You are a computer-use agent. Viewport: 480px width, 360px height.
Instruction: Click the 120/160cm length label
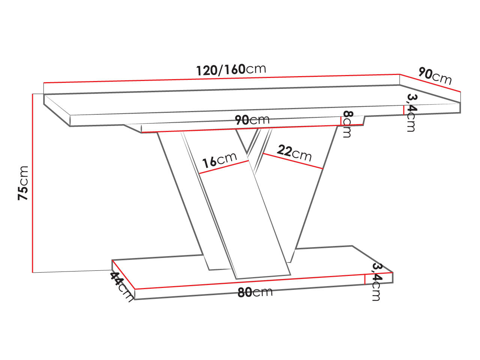pos(231,69)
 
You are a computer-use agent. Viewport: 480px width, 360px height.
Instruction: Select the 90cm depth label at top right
pos(435,76)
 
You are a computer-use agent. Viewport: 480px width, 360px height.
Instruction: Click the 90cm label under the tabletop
pos(252,120)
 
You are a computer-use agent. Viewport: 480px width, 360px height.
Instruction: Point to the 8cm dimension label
pos(347,124)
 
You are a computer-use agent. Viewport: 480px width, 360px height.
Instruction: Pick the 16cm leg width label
pos(219,160)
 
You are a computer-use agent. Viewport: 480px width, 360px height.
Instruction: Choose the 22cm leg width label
pos(294,153)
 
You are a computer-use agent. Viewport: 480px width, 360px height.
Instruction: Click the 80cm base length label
pos(255,292)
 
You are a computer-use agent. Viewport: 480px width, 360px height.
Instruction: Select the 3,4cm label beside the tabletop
pos(411,112)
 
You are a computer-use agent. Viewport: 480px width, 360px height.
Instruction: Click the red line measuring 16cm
pos(224,167)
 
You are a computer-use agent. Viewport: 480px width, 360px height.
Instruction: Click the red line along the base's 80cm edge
pos(249,282)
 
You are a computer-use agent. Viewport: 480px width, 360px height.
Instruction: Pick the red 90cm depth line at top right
pos(430,83)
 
